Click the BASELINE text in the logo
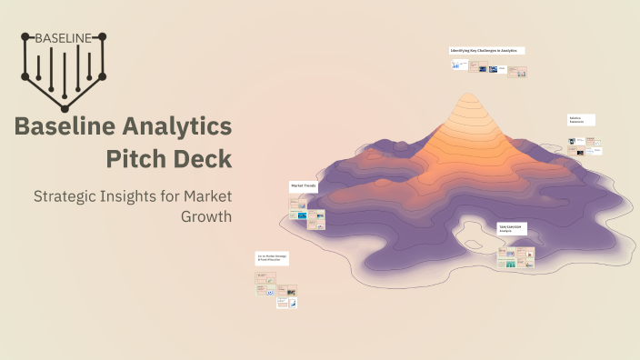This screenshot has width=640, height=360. [x=63, y=38]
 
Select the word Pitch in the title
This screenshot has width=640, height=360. [x=136, y=158]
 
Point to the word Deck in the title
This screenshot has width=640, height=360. [x=203, y=158]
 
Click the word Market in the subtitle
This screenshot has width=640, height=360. [x=207, y=195]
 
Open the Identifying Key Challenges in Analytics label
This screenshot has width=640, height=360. [x=486, y=51]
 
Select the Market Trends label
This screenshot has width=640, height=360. [x=303, y=185]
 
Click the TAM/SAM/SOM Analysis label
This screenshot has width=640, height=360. [x=512, y=227]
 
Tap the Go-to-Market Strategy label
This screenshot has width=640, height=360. [x=272, y=259]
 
